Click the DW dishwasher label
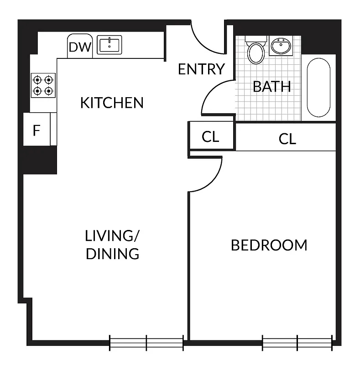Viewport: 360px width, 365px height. pos(80,47)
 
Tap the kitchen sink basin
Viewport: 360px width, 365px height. pos(109,46)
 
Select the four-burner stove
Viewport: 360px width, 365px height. pos(43,85)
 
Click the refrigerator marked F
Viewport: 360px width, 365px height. pos(37,130)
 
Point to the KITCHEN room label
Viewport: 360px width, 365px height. pos(112,103)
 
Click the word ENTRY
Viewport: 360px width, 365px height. pos(201,69)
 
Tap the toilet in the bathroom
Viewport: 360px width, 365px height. pos(256,52)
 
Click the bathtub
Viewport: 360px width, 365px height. pos(318,88)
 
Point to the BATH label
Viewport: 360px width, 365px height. pos(272,87)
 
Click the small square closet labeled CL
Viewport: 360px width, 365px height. pos(211,137)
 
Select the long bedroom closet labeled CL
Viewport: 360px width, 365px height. pos(287,139)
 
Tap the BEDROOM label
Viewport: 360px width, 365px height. pos(269,245)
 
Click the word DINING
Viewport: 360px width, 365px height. pos(112,254)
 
